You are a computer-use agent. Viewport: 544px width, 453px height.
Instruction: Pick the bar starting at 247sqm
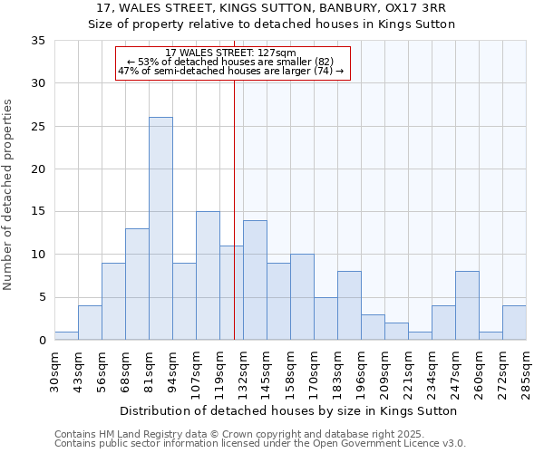(467, 305)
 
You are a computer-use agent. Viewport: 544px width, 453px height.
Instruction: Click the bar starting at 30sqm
(66, 335)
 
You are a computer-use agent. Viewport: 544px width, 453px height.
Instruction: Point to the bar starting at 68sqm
(137, 284)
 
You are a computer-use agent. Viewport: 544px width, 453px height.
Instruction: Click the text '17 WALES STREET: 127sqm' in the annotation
(231, 53)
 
